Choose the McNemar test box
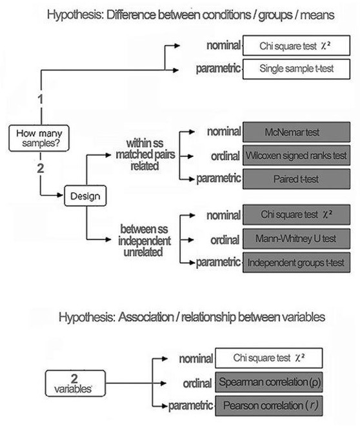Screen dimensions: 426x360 coord(297,132)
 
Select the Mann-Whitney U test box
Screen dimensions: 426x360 coord(297,237)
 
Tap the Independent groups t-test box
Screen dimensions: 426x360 coord(297,261)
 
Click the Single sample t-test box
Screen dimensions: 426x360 coord(297,68)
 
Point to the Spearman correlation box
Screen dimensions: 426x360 coord(269,382)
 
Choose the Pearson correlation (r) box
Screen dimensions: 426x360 coord(269,406)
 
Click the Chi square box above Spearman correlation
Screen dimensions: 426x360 coord(269,358)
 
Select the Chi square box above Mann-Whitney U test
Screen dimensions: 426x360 coord(297,214)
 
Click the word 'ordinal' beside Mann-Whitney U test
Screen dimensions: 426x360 coord(226,238)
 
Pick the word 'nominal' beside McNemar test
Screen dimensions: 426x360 coord(224,132)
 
